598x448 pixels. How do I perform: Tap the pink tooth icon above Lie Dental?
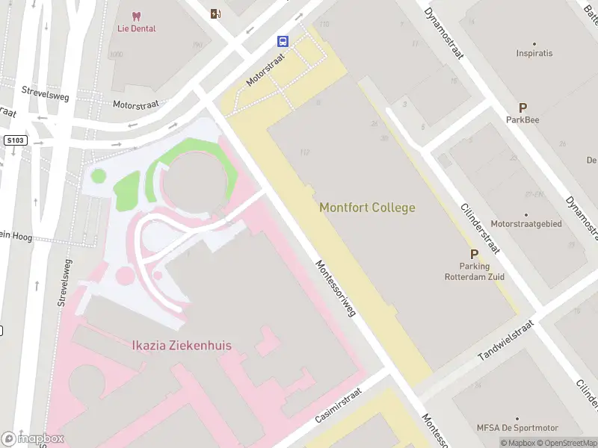136,15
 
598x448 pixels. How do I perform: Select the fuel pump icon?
216,13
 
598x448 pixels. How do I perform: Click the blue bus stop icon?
283,41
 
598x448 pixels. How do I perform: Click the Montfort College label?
367,208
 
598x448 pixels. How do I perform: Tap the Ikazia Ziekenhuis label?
182,346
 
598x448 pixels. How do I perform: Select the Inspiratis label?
534,54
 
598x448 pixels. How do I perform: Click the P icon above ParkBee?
523,108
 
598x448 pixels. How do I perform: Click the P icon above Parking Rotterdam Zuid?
473,255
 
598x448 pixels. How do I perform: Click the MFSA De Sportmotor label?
517,428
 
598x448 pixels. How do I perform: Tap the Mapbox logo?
33,439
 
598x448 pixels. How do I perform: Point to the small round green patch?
97,176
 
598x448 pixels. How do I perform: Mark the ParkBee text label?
523,119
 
